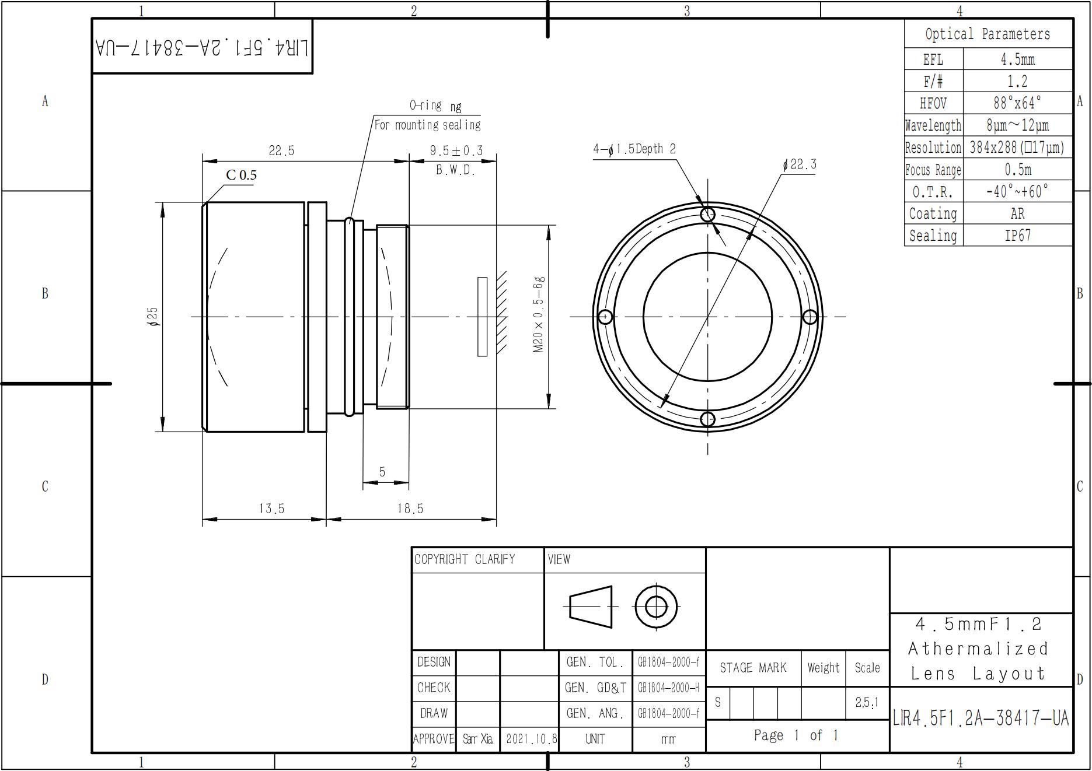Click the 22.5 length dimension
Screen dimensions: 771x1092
(281, 151)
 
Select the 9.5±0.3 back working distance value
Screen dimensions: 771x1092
(456, 151)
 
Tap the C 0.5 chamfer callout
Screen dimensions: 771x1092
(241, 175)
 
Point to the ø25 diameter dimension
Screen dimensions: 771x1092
(153, 317)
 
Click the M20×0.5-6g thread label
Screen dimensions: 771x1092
(538, 315)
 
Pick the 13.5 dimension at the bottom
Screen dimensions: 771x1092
(271, 509)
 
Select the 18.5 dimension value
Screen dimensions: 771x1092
(410, 509)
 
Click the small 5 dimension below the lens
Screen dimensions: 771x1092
(382, 472)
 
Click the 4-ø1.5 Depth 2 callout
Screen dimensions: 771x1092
(634, 149)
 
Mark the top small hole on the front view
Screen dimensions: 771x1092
(707, 214)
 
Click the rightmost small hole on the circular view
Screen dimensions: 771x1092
(810, 317)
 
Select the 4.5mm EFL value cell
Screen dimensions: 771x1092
(1017, 59)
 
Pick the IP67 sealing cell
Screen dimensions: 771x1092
(1017, 236)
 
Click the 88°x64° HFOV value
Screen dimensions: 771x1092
(1017, 103)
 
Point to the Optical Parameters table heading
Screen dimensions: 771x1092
(988, 34)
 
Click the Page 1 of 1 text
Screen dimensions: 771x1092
(796, 735)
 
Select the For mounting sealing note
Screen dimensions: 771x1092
(427, 125)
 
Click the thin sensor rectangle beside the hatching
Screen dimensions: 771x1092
(482, 317)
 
